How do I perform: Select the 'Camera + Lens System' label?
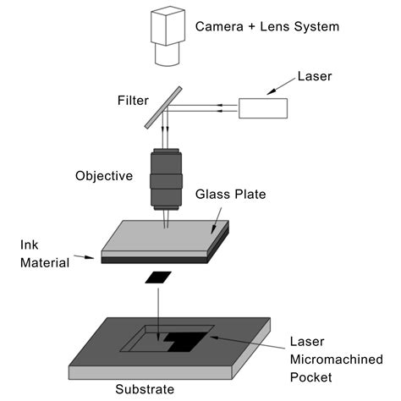266,27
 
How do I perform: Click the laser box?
263,108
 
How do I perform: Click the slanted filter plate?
162,106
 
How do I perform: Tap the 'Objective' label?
104,176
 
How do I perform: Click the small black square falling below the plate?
157,277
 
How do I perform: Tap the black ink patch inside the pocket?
181,341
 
